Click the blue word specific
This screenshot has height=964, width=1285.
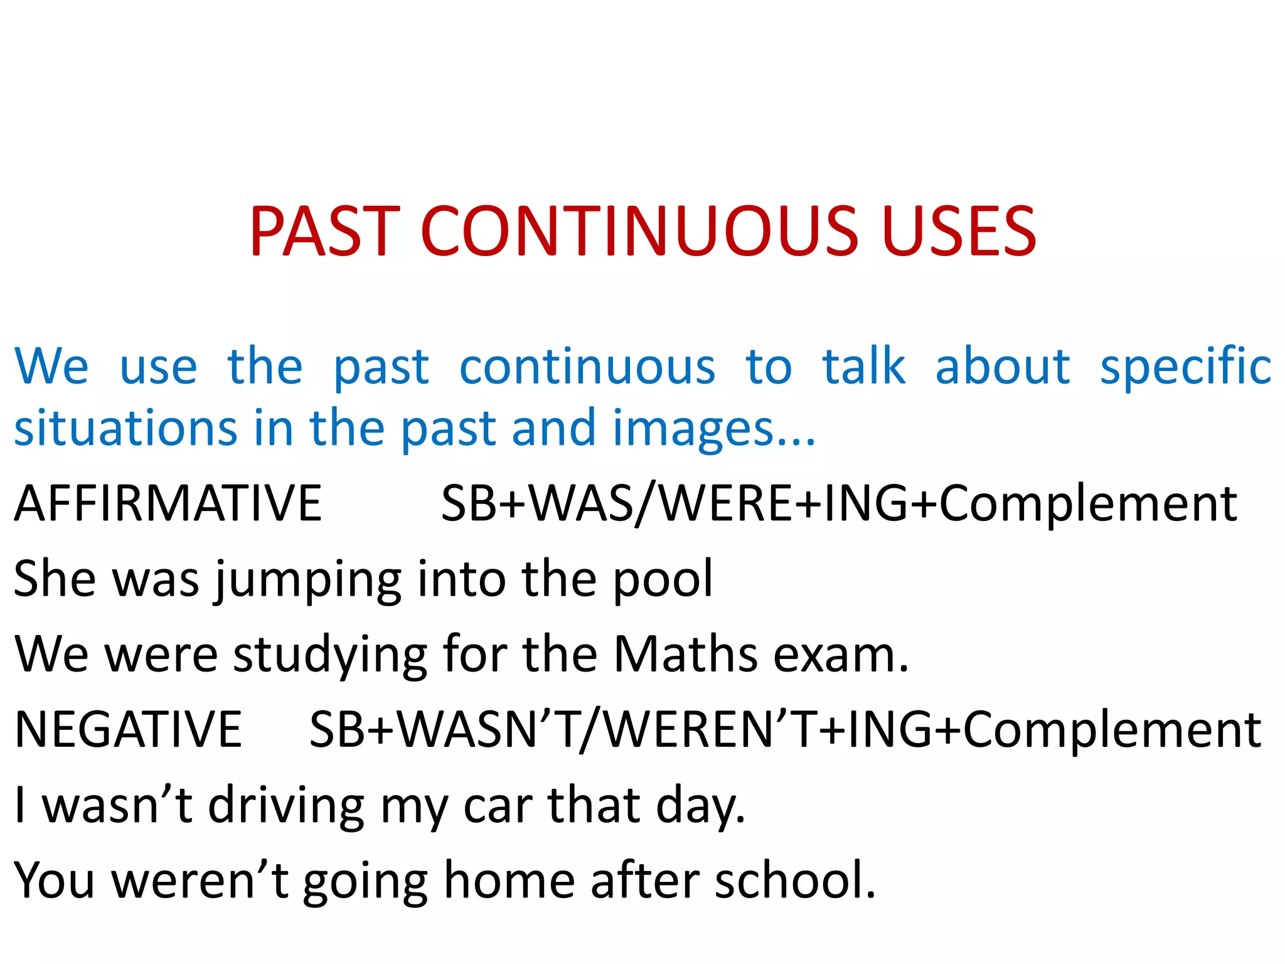(x=1185, y=367)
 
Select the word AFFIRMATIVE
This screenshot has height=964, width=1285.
(x=168, y=503)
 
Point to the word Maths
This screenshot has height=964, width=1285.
(x=685, y=654)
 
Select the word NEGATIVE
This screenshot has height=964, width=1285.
(x=128, y=729)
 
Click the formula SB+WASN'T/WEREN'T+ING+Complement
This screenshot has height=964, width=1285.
(x=784, y=729)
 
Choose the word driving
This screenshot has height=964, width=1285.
(x=286, y=806)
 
